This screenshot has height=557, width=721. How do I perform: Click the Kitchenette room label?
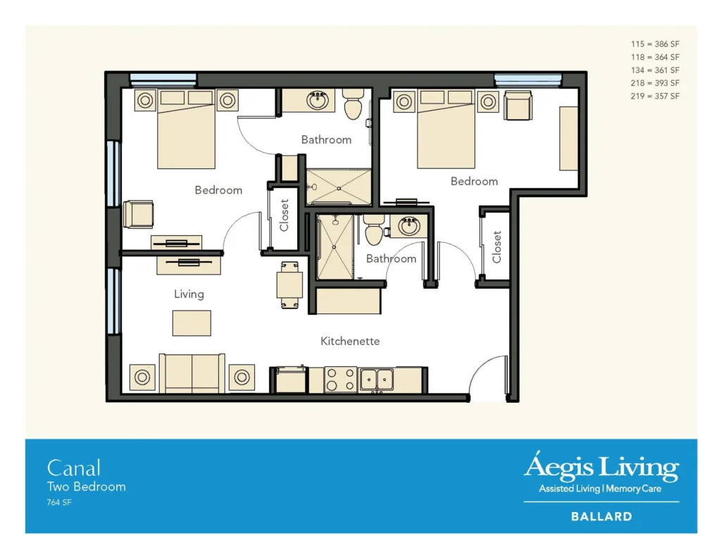pos(350,342)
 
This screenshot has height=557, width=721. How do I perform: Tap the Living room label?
pos(189,294)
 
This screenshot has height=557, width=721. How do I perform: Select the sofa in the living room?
pos(192,373)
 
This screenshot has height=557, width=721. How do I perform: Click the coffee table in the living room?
pos(192,323)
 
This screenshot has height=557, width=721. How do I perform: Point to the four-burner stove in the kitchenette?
pos(341,380)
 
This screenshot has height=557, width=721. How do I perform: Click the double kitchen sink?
pos(377,380)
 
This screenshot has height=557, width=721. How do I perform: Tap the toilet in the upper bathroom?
pos(352,106)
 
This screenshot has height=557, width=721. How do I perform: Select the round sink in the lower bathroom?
pos(409,227)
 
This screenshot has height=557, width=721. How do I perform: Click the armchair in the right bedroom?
pos(518,106)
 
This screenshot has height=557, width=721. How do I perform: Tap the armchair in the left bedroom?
pos(138,215)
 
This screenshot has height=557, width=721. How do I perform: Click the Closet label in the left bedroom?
pos(284,215)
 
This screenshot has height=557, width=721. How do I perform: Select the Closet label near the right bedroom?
pos(496,247)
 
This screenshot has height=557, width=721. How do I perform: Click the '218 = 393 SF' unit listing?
pos(655,83)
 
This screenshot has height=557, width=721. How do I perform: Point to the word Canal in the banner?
pos(74,468)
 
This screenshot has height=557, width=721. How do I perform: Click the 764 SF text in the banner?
pos(59,503)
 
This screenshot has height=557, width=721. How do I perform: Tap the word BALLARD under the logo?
pos(601,517)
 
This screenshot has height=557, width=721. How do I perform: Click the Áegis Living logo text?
pos(601,468)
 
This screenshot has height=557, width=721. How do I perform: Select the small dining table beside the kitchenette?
pos(289,284)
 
